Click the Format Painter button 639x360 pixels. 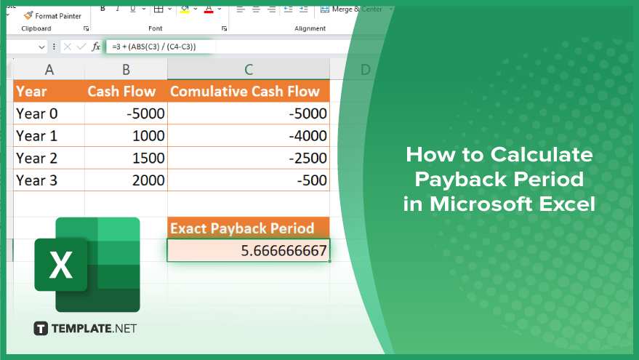[x=52, y=16]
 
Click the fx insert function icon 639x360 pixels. [x=96, y=47]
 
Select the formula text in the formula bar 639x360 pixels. [x=154, y=47]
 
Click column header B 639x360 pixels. [x=126, y=70]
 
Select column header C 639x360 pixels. [x=248, y=70]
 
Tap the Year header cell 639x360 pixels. [x=49, y=91]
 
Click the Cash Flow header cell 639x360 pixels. [x=126, y=91]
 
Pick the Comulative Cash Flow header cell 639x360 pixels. [x=249, y=91]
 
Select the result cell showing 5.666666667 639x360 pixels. [x=249, y=250]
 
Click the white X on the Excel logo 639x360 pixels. [x=61, y=265]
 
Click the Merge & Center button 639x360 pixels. [x=352, y=9]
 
